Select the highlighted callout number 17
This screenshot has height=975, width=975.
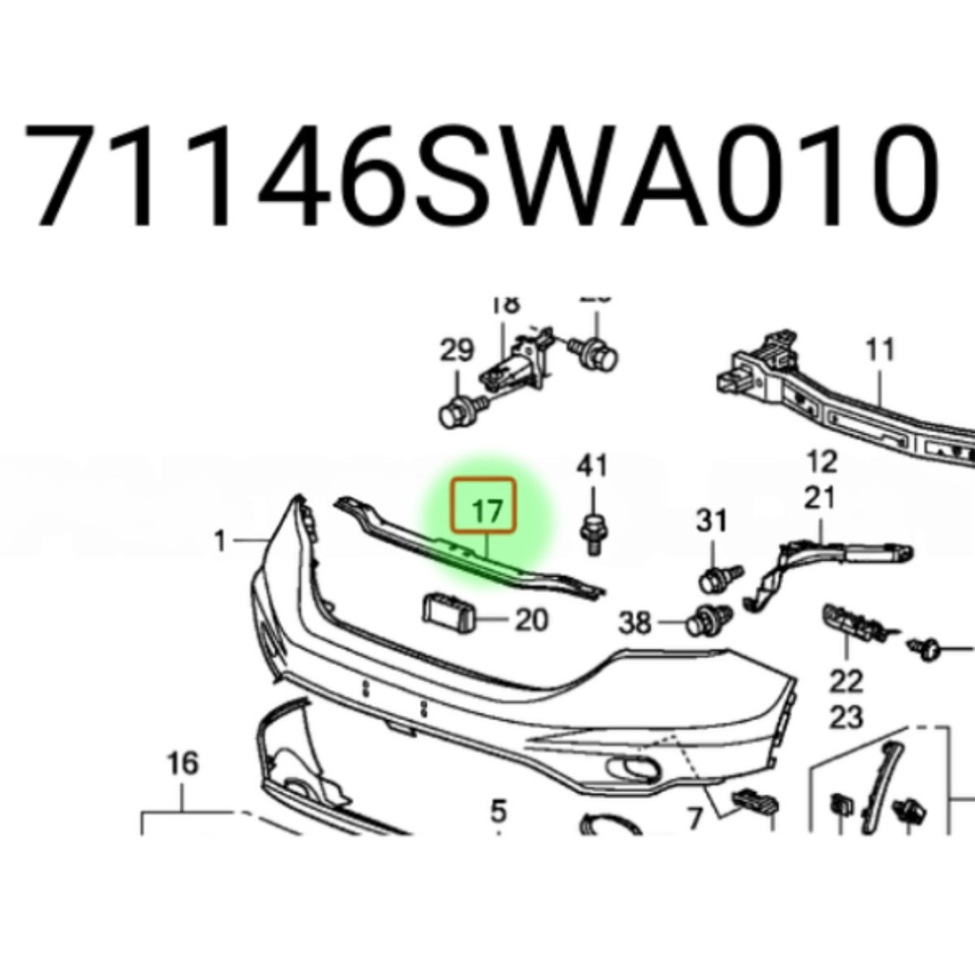tap(487, 510)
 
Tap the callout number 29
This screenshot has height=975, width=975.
tap(457, 350)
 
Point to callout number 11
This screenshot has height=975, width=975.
tap(881, 350)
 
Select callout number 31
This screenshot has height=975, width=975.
tap(711, 521)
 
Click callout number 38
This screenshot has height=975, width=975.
tap(635, 624)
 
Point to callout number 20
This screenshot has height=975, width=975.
tap(531, 621)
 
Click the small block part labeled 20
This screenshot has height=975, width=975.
tap(447, 611)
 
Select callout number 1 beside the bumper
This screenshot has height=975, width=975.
tap(220, 542)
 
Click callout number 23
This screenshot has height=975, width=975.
tap(846, 716)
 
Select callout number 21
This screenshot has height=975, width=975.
tap(820, 497)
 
